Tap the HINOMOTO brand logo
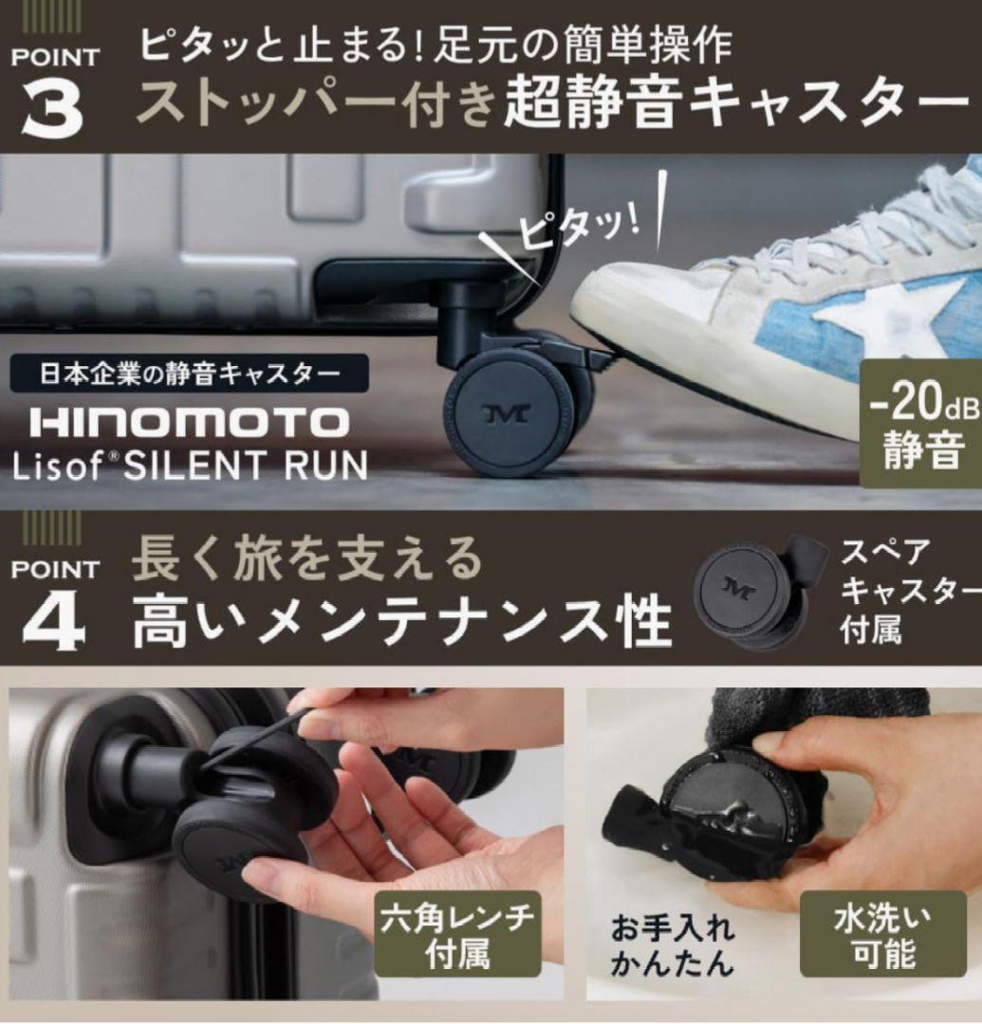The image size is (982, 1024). [190, 423]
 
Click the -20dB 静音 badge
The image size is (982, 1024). [921, 424]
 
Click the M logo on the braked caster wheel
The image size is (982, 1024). [507, 413]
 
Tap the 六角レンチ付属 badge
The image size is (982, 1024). [457, 935]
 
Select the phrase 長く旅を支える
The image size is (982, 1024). [307, 559]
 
